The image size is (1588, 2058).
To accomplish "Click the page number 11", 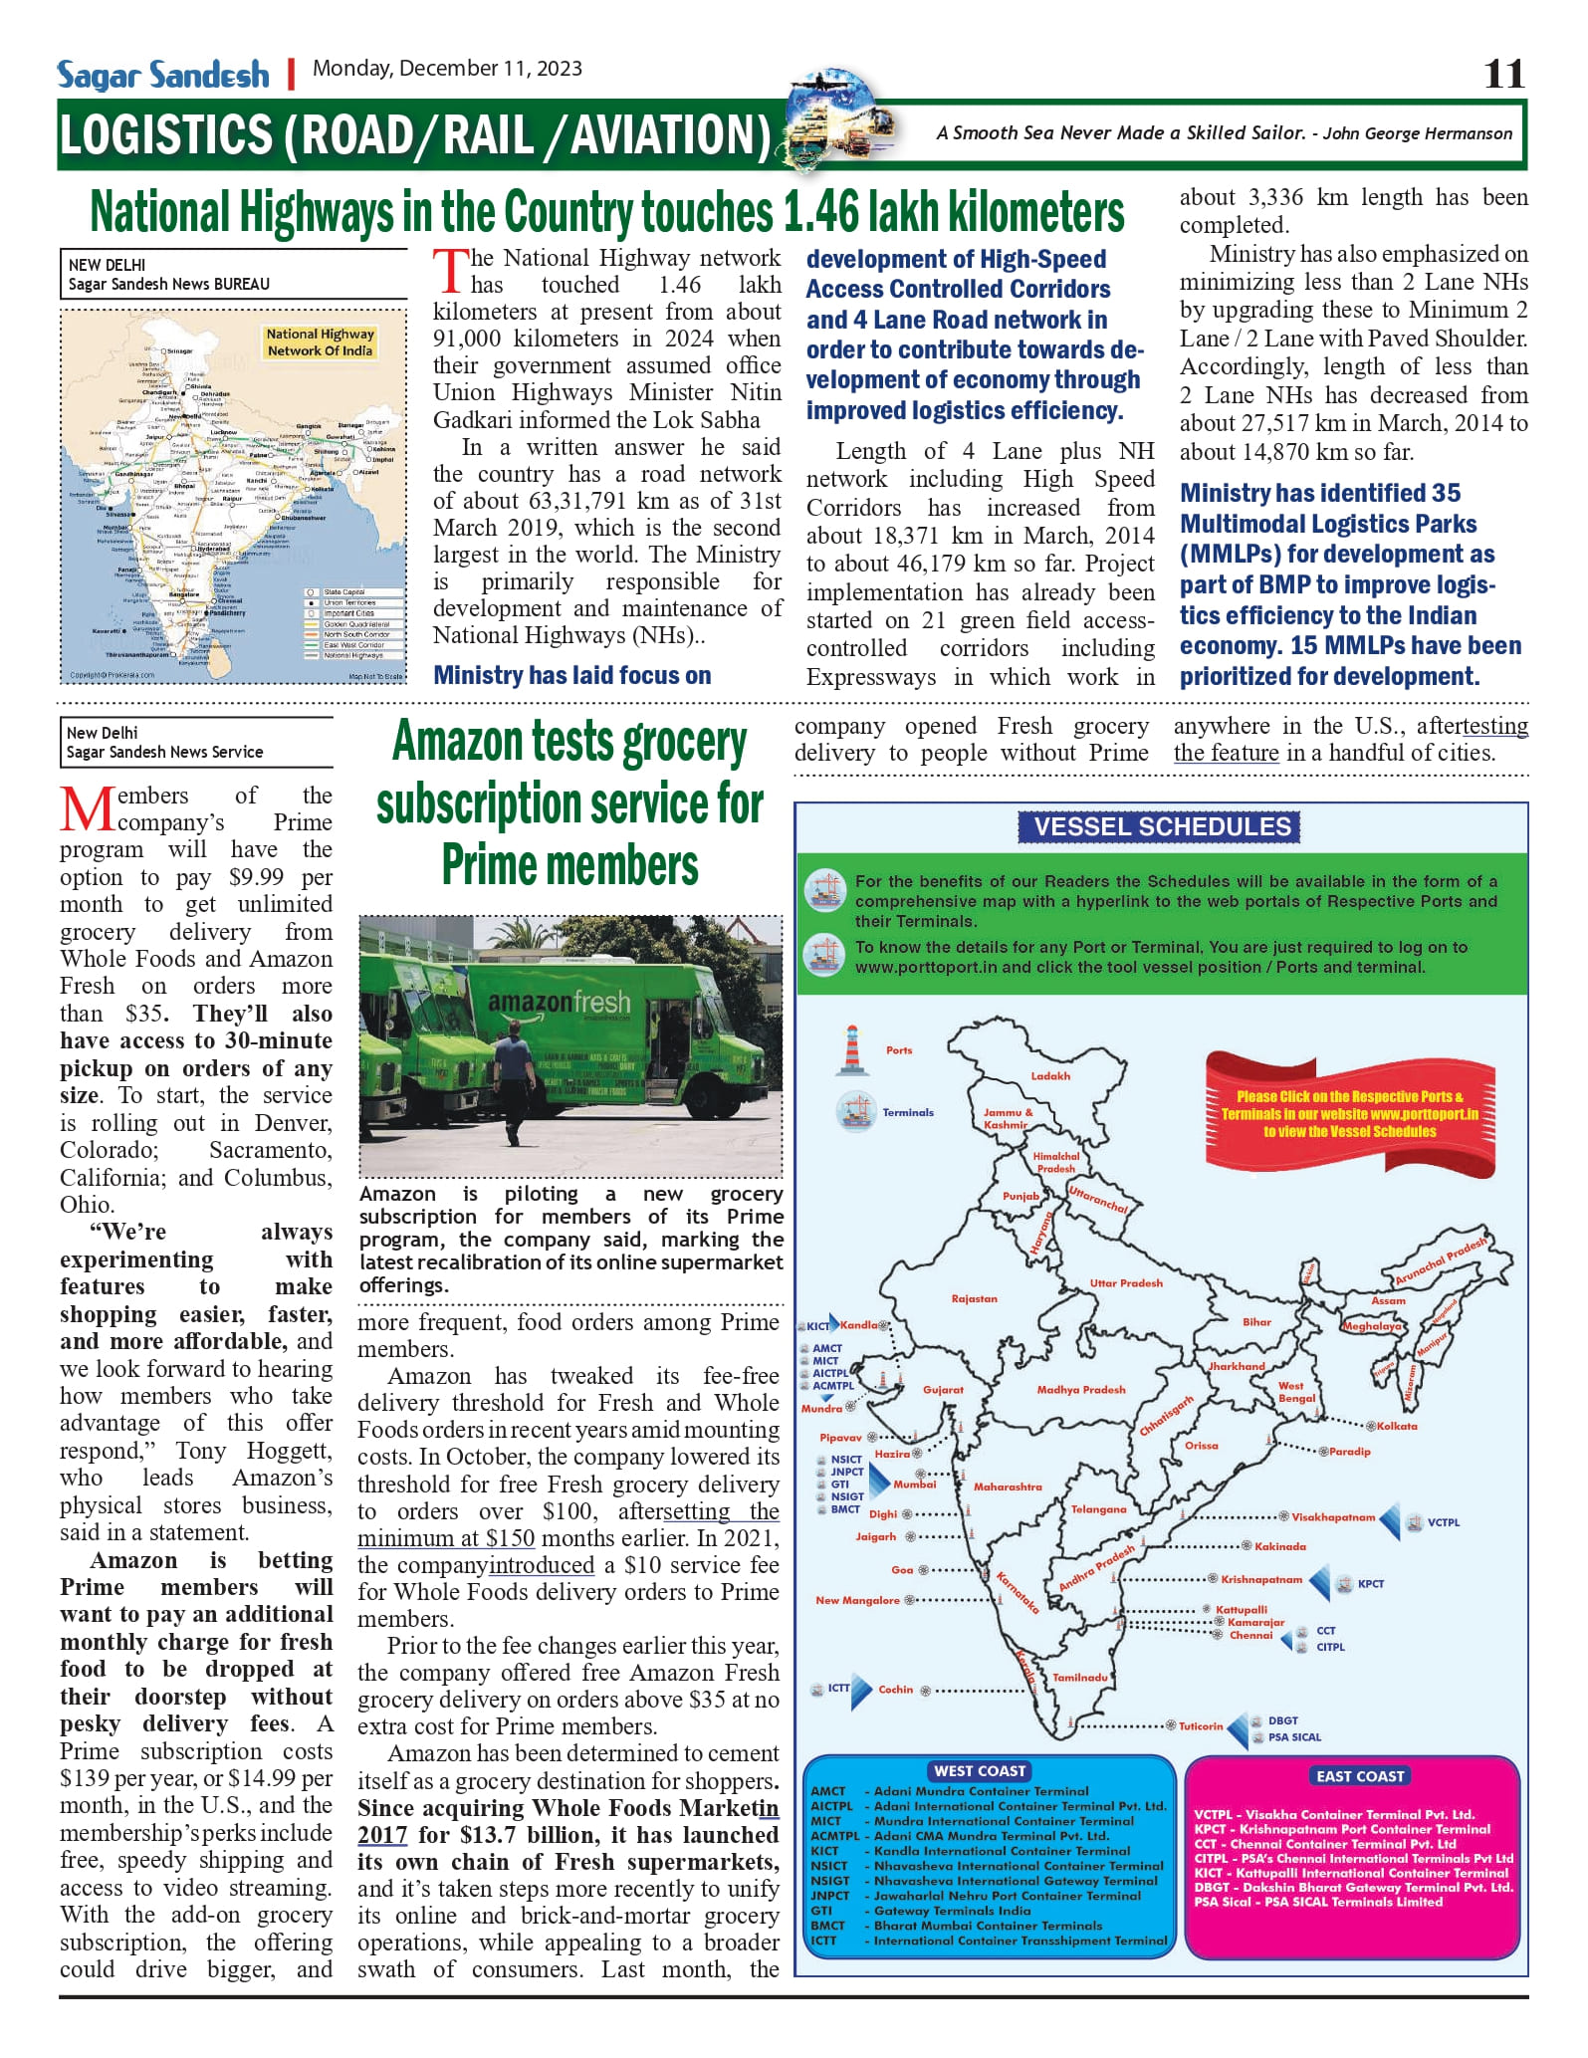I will tap(1503, 74).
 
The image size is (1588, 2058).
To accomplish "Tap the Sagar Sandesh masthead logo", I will tap(163, 75).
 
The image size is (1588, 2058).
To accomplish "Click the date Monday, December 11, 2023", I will tap(447, 69).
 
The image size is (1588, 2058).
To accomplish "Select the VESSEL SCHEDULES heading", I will tap(1161, 826).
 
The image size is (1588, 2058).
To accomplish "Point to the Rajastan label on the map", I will tap(974, 1298).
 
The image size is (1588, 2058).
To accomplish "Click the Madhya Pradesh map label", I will tap(1080, 1389).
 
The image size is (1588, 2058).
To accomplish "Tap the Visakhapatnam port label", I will tap(1332, 1517).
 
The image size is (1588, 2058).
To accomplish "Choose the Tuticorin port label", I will tap(1200, 1726).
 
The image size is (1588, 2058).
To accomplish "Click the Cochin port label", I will tap(895, 1690).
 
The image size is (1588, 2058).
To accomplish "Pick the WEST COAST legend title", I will tap(980, 1771).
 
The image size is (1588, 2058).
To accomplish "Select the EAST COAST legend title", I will tap(1359, 1776).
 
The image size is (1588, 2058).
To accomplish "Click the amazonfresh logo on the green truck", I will tap(559, 1001).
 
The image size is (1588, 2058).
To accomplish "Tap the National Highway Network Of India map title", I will tap(320, 342).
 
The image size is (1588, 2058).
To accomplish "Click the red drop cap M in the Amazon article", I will tap(88, 809).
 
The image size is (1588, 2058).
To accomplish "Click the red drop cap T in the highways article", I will tap(450, 271).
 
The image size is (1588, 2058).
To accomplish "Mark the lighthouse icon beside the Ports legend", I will tap(852, 1050).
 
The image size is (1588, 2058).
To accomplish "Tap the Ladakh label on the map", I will tap(1050, 1076).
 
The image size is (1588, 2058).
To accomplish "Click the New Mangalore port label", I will tap(857, 1600).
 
